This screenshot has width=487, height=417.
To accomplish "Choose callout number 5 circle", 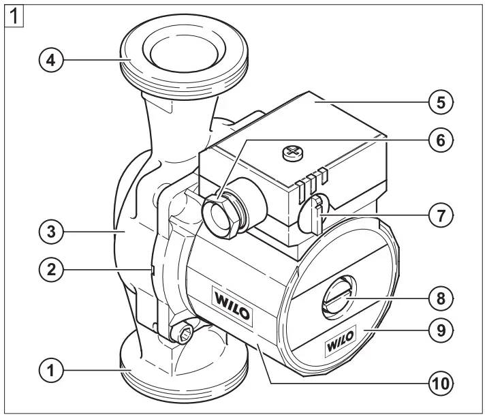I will tap(440, 103).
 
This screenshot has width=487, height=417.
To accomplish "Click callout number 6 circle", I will tap(440, 141).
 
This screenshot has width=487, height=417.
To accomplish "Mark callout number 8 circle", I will tap(440, 298).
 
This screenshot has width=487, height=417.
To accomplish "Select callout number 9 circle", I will tap(440, 331).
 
